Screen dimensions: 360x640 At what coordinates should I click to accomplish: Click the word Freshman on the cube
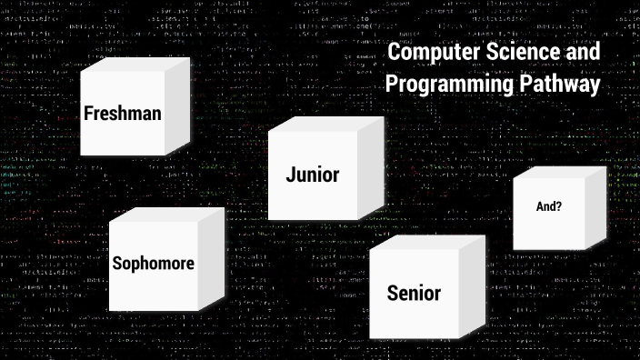[123, 114]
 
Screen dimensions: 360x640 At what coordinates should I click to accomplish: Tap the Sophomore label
[153, 264]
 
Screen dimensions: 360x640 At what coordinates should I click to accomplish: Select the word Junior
[312, 175]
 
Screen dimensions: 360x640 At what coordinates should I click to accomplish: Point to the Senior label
[414, 293]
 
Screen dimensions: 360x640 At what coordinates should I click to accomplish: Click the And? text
[548, 206]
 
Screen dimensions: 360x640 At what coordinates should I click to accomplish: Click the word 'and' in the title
[582, 54]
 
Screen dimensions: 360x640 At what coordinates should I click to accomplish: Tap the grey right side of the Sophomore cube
[211, 258]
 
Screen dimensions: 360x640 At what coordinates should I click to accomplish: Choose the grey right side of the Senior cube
[472, 285]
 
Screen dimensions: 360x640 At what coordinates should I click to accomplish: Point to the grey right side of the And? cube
[595, 207]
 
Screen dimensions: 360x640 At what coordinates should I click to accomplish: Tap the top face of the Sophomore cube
[166, 215]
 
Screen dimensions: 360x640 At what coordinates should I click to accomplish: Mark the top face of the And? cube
[559, 173]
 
